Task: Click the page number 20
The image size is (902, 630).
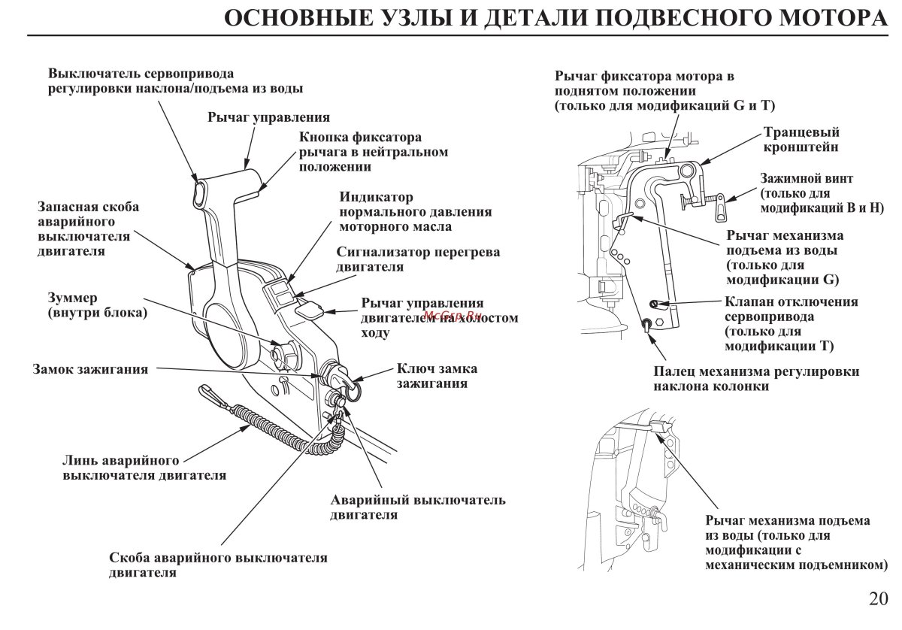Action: [877, 599]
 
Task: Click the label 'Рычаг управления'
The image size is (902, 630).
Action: [268, 118]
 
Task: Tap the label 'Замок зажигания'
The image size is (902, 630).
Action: [89, 369]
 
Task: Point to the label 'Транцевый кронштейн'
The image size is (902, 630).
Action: [801, 139]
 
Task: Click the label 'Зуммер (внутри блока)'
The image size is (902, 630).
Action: [97, 304]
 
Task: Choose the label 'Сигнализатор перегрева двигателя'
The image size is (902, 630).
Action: [417, 259]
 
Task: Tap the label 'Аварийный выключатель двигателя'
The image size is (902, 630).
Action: [417, 507]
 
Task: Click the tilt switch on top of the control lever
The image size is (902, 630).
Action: [198, 192]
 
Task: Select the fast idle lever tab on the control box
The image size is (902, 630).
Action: [308, 307]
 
